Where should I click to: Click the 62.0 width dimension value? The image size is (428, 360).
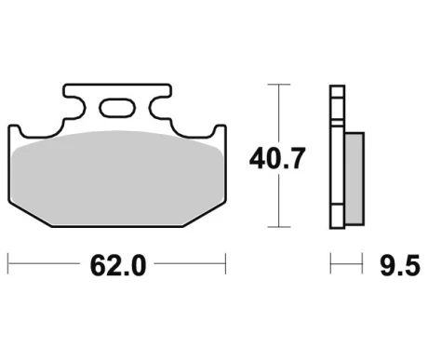tap(118, 265)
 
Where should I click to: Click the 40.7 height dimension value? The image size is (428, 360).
tap(277, 159)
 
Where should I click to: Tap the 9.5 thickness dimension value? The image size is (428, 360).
tap(400, 265)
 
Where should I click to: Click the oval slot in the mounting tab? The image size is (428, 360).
tap(117, 108)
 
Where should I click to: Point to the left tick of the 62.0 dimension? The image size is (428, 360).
tap(8, 263)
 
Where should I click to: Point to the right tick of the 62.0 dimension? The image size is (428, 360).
tap(225, 263)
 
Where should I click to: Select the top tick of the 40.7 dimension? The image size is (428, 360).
tap(279, 85)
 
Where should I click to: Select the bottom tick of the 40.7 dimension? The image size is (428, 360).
tap(279, 227)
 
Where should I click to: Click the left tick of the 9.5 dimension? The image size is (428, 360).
tap(330, 263)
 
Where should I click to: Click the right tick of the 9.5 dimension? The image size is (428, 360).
tap(362, 263)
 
